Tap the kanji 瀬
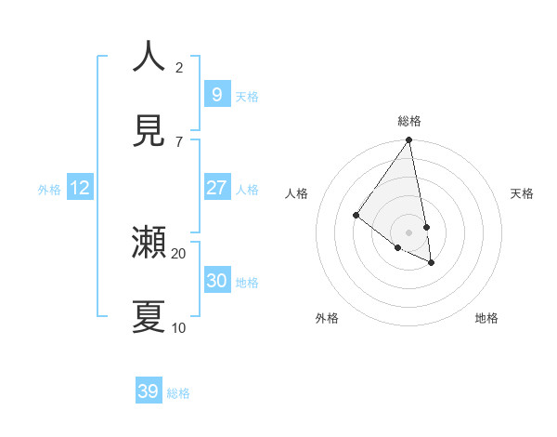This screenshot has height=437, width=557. (149, 243)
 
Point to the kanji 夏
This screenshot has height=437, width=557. (149, 316)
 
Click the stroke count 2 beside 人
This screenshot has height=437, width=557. (179, 67)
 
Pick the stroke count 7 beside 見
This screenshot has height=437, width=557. (179, 141)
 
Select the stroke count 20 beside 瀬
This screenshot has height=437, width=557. (179, 253)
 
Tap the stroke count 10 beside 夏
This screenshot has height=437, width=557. (179, 327)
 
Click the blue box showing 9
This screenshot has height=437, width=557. (216, 94)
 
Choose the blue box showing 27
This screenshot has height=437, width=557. (216, 188)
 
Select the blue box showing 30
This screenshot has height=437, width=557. (216, 281)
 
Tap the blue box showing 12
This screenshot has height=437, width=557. (80, 188)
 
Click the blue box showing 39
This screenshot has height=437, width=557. (149, 391)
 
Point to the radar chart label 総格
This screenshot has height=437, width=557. (409, 121)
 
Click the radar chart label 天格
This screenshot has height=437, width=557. (523, 193)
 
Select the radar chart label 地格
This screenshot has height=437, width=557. (486, 319)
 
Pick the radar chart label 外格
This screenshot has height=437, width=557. (327, 319)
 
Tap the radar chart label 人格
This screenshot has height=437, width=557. (297, 193)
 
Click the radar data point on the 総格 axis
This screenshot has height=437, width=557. (409, 140)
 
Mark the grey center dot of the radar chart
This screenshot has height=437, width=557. (409, 232)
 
